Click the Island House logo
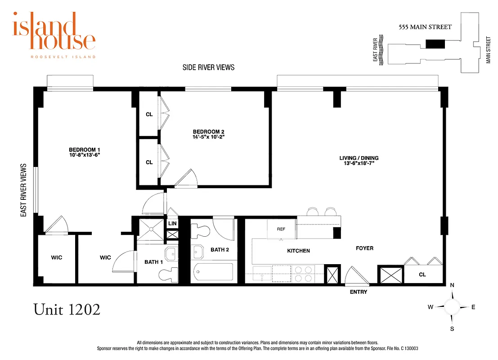[x=54, y=34]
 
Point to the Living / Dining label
[x=359, y=158]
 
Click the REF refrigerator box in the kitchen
[x=282, y=229]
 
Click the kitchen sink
[x=262, y=274]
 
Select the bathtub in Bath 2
[x=213, y=273]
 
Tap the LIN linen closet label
[x=172, y=224]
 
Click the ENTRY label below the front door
[x=359, y=292]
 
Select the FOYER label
[x=364, y=248]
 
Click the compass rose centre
[x=452, y=307]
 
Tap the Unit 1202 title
[x=67, y=310]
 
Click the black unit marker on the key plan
[x=435, y=44]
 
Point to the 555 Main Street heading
[x=425, y=27]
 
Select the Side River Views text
[x=208, y=67]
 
